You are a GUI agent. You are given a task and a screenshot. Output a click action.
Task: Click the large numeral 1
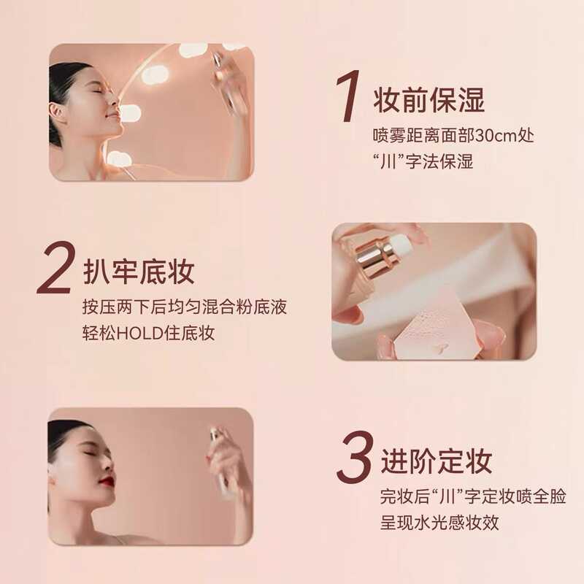[349, 96]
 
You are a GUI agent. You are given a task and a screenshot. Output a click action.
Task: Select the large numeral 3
[354, 458]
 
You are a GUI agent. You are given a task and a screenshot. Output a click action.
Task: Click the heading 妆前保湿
[429, 100]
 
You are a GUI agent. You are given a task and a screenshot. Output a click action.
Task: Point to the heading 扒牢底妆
[139, 272]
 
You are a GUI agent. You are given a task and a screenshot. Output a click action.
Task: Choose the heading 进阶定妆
[436, 461]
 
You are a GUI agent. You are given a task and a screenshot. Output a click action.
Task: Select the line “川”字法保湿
[423, 161]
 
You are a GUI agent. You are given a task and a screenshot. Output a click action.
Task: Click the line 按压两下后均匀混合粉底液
[185, 307]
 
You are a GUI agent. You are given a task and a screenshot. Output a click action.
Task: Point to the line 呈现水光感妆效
[439, 522]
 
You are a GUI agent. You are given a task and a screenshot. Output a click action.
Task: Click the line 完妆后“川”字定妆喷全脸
[473, 496]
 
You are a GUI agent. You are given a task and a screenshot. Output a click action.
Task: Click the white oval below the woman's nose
[130, 112]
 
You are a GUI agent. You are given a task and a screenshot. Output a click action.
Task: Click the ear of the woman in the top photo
[55, 113]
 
